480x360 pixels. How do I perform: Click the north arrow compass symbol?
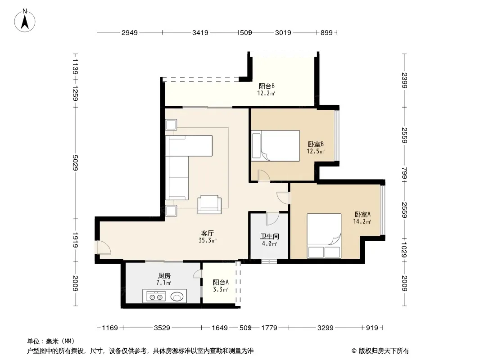pyautogui.click(x=25, y=21)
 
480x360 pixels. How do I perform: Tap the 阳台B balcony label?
pyautogui.click(x=266, y=86)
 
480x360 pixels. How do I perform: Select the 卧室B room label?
pyautogui.click(x=316, y=144)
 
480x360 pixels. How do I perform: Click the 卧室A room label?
pyautogui.click(x=362, y=214)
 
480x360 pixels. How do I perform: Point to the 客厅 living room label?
pyautogui.click(x=208, y=234)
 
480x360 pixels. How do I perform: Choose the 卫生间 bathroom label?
pyautogui.click(x=269, y=236)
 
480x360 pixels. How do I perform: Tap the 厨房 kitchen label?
pyautogui.click(x=164, y=275)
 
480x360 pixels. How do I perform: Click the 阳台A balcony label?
pyautogui.click(x=221, y=282)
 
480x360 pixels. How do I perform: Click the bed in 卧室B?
pyautogui.click(x=275, y=146)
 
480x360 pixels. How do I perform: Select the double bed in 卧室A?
pyautogui.click(x=324, y=236)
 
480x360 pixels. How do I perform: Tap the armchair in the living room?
pyautogui.click(x=209, y=204)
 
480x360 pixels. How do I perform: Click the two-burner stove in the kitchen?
pyautogui.click(x=156, y=297)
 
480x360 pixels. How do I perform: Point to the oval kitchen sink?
pyautogui.click(x=177, y=297)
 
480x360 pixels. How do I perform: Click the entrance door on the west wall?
pyautogui.click(x=104, y=247)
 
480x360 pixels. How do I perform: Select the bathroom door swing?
pyautogui.click(x=272, y=218)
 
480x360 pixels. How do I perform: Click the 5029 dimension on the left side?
pyautogui.click(x=75, y=163)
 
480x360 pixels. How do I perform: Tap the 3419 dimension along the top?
pyautogui.click(x=200, y=32)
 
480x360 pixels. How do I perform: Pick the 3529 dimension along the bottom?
pyautogui.click(x=162, y=328)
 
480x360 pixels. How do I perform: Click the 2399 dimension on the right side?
pyautogui.click(x=404, y=80)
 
